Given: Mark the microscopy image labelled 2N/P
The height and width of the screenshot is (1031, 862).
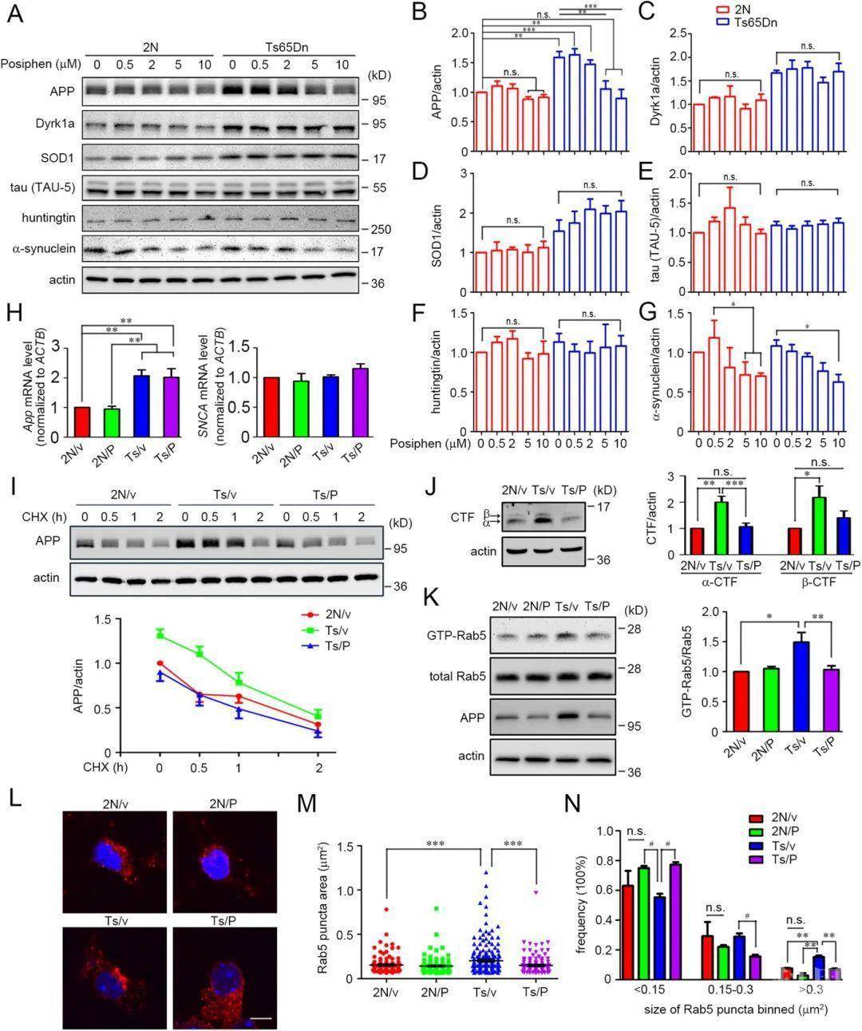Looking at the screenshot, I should click(x=224, y=862).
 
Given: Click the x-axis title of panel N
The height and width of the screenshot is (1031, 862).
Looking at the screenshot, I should click(x=735, y=1009).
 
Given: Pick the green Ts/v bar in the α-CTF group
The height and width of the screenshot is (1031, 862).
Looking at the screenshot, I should click(x=721, y=528).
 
